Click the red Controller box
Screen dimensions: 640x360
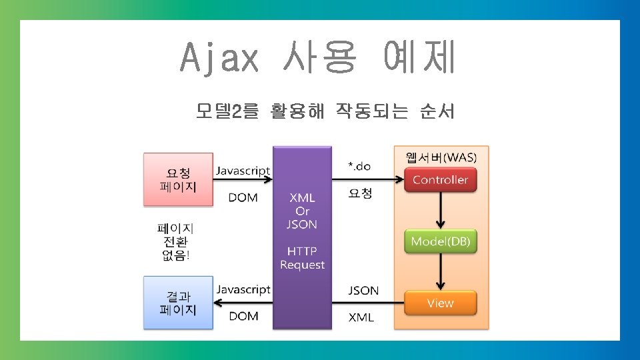(440, 180)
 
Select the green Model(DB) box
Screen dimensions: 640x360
(440, 241)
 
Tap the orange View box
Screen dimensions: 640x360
(440, 303)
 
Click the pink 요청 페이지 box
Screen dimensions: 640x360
(178, 180)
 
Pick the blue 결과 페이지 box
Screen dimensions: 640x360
(178, 303)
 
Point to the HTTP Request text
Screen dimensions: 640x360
(302, 258)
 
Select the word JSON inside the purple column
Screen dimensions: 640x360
(302, 225)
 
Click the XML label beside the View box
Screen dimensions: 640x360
(361, 317)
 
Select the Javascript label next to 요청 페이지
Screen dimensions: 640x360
(243, 171)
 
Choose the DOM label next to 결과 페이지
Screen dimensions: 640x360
(243, 316)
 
